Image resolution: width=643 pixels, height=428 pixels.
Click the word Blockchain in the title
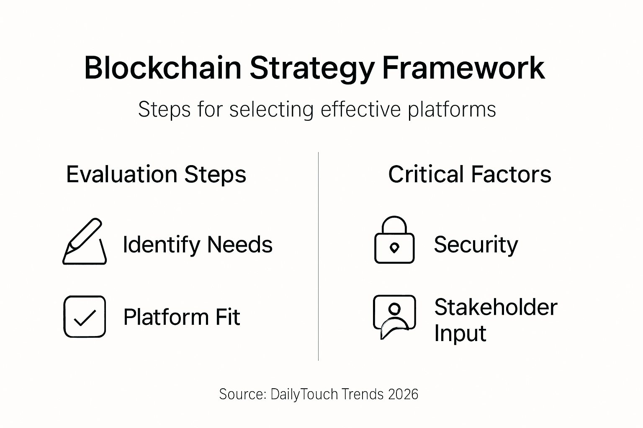[163, 68]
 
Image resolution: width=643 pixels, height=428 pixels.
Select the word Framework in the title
[463, 68]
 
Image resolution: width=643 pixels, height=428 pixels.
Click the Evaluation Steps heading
[156, 174]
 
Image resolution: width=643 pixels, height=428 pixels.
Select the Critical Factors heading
[469, 174]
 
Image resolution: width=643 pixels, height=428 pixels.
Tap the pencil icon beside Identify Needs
[85, 242]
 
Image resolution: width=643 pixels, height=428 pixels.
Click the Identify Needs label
[198, 245]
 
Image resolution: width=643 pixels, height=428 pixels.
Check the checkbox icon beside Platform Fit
[85, 316]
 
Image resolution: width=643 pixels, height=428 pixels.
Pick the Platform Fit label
[182, 317]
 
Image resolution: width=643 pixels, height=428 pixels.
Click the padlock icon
[394, 241]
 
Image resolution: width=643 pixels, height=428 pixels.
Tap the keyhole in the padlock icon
[394, 248]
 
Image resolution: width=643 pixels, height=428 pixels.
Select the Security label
[476, 245]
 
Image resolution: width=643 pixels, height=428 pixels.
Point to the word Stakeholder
[496, 307]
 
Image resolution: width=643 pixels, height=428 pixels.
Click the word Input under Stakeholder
[460, 333]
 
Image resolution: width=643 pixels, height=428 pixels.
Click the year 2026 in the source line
[403, 394]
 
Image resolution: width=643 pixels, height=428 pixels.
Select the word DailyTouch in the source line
[304, 394]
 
